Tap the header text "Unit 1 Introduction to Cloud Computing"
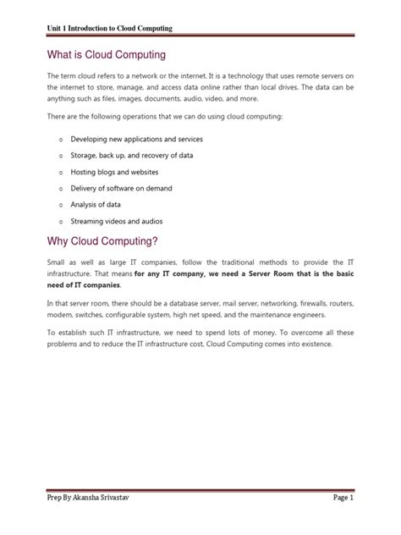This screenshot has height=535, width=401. coord(109,29)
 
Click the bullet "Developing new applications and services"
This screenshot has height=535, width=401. coord(148,138)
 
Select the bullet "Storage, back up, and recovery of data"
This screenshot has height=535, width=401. coord(143,156)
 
